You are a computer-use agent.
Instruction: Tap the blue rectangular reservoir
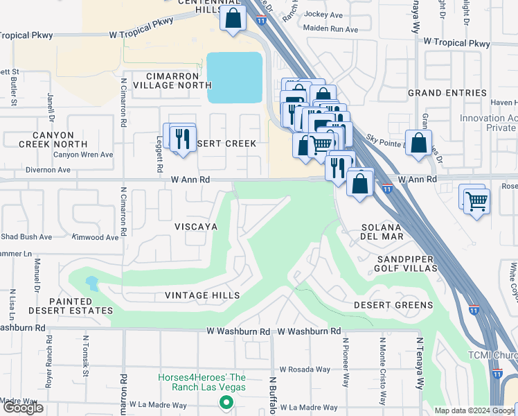[235, 78]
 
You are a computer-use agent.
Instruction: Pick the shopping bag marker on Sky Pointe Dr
[418, 144]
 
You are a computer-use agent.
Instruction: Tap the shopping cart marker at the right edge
[476, 201]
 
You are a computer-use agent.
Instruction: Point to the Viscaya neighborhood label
[196, 227]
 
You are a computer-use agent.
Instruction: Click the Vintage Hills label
[202, 295]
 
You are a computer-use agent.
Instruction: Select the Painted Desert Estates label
[71, 306]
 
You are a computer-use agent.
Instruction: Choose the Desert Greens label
[393, 305]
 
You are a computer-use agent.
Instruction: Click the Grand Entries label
[447, 93]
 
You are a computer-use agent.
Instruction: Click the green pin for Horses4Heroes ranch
[225, 402]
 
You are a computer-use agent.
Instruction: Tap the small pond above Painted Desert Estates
[92, 283]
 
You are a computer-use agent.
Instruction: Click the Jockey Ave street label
[324, 15]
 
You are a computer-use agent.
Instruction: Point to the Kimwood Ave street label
[96, 237]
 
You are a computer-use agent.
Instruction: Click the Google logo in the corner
[23, 408]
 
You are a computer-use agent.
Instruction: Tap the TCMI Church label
[501, 356]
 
